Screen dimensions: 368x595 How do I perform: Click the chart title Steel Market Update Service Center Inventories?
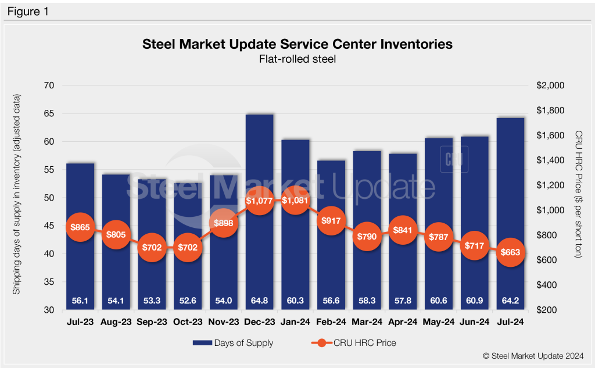tap(297, 44)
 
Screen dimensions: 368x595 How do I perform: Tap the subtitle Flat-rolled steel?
tap(297, 59)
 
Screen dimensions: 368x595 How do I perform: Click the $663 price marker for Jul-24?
tap(510, 252)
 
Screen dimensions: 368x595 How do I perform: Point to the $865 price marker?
tap(80, 228)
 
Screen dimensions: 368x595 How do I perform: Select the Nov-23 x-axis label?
tap(223, 321)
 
